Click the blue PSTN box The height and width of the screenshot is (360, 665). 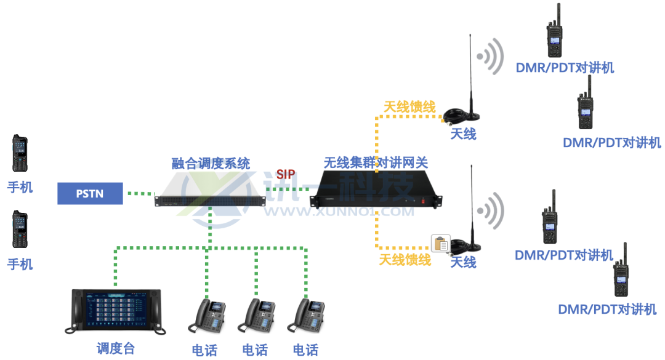[x=90, y=193]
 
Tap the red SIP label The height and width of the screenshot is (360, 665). [x=285, y=174]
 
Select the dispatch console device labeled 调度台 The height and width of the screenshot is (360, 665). [x=115, y=311]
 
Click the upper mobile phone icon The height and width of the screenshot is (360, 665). [x=20, y=153]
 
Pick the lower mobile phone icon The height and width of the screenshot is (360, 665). [x=20, y=230]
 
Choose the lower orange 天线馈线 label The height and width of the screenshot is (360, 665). [x=405, y=260]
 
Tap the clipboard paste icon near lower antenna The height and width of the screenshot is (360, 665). [x=440, y=243]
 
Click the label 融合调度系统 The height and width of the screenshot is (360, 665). [x=211, y=163]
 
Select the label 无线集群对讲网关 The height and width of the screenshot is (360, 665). [x=376, y=163]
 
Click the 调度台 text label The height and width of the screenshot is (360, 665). [x=115, y=348]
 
